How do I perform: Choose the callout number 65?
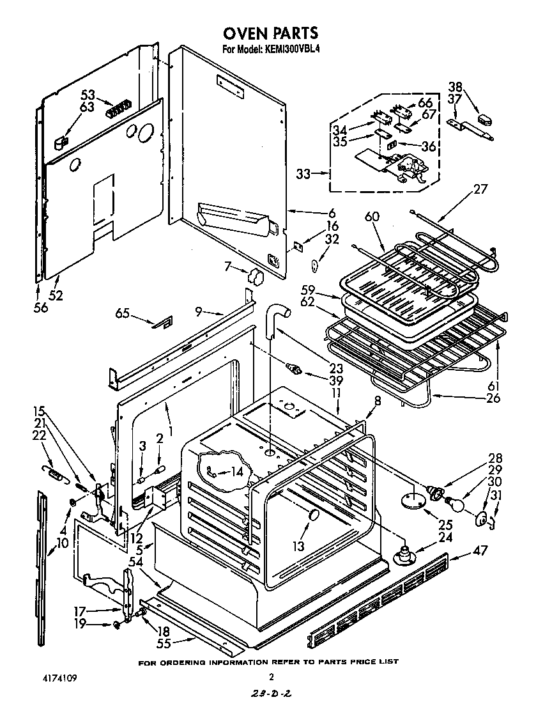click(x=123, y=313)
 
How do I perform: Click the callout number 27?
click(x=480, y=189)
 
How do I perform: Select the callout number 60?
click(x=372, y=217)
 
